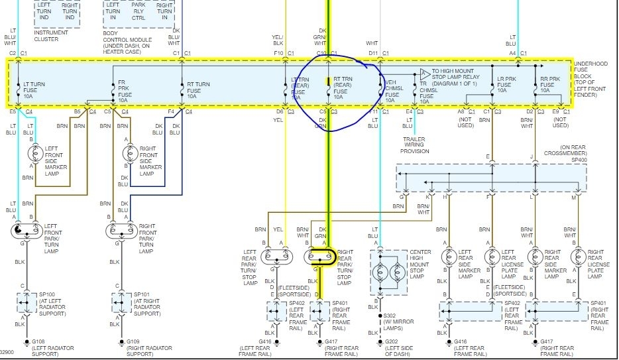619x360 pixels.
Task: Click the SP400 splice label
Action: click(579, 160)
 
